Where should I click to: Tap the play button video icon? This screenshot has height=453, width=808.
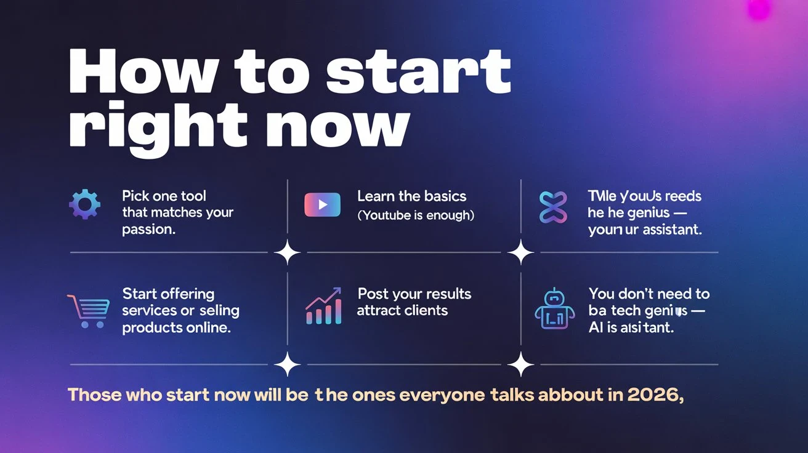coord(322,204)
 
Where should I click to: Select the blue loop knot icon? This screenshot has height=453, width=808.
coord(552,207)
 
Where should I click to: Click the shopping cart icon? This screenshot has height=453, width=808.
coord(87,310)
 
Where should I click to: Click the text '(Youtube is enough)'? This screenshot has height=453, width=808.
coord(416,215)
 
